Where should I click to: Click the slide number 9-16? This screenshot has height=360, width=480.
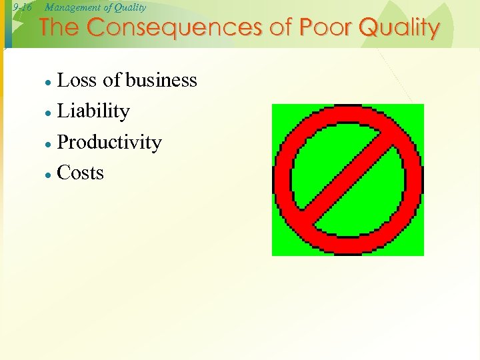pos(22,8)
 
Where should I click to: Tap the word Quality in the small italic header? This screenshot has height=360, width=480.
pos(131,8)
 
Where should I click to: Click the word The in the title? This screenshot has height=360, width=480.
pos(60,29)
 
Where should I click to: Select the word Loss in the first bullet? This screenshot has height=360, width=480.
pos(78,81)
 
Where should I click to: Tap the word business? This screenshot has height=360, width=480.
pos(161,81)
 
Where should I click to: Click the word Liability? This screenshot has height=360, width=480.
pos(93,111)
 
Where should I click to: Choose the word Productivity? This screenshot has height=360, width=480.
pos(109,143)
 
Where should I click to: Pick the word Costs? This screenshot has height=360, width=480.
pos(81,173)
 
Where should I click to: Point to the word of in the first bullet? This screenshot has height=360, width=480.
pos(112,81)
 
